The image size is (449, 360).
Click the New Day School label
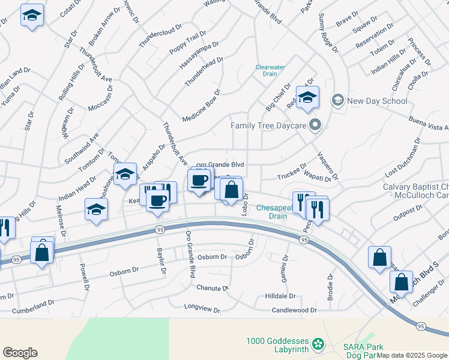point(377,101)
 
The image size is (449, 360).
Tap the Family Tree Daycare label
point(269,125)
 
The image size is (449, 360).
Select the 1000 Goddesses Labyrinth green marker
point(318,344)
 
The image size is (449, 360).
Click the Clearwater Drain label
point(270,70)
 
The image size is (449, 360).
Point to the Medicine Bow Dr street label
point(202,107)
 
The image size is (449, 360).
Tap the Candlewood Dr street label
point(294,310)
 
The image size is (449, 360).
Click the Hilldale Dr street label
point(280,296)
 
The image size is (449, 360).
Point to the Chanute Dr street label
point(212,288)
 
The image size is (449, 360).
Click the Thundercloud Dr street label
point(160,37)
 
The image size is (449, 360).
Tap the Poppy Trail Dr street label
point(184,45)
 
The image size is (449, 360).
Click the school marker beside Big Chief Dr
point(307,98)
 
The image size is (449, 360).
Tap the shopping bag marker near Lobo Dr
point(231,191)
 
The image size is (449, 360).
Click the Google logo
point(20,353)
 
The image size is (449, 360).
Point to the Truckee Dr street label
point(292,173)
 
